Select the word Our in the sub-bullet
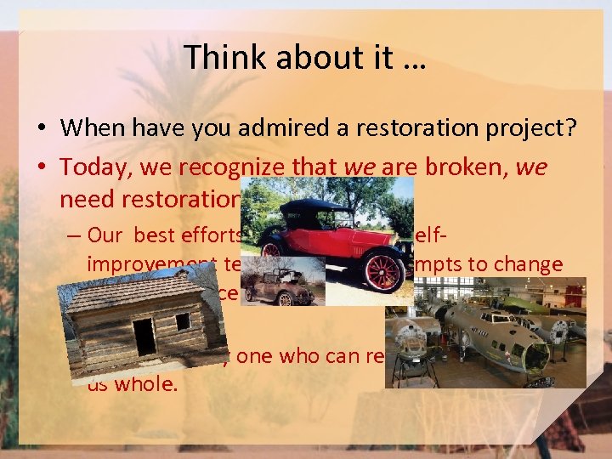(105, 236)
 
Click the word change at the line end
(533, 264)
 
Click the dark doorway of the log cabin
(144, 337)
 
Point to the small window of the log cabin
(183, 321)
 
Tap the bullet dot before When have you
(40, 128)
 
